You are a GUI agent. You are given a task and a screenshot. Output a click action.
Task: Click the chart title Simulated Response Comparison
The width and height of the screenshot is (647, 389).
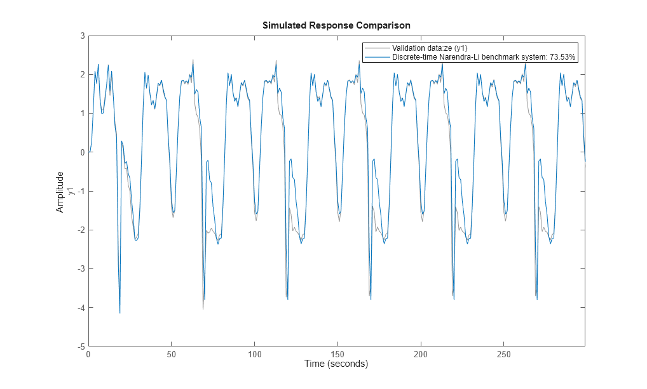point(336,25)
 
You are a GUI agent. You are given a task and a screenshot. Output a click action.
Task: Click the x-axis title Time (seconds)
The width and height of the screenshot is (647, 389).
point(336,364)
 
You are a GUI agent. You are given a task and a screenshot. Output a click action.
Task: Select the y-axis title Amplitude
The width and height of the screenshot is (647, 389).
point(60,191)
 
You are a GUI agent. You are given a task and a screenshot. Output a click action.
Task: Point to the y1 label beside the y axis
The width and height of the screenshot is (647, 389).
point(71,191)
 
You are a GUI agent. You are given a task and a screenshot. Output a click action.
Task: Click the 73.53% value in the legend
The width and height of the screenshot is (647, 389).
point(562,57)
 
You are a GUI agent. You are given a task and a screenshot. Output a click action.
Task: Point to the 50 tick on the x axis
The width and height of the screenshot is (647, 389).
point(172,353)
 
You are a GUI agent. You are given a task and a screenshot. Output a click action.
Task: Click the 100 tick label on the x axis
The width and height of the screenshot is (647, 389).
point(254,353)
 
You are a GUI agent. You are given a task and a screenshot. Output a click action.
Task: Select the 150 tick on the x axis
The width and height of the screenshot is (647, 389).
point(337,353)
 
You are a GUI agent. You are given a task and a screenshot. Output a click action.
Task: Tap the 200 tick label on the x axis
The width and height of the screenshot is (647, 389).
point(420,353)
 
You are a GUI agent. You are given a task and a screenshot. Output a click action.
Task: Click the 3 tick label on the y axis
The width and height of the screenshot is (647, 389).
point(82,36)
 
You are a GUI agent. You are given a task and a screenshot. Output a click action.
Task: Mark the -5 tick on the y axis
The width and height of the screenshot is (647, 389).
point(81,346)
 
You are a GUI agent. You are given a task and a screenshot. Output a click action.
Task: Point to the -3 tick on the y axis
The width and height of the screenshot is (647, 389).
point(81,269)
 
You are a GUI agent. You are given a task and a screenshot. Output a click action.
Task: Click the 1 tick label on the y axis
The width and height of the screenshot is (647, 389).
point(82,114)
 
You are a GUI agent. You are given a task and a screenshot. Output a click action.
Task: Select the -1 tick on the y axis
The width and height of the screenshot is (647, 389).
point(81,192)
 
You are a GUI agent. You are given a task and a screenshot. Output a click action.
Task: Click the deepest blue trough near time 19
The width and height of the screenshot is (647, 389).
point(119,313)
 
